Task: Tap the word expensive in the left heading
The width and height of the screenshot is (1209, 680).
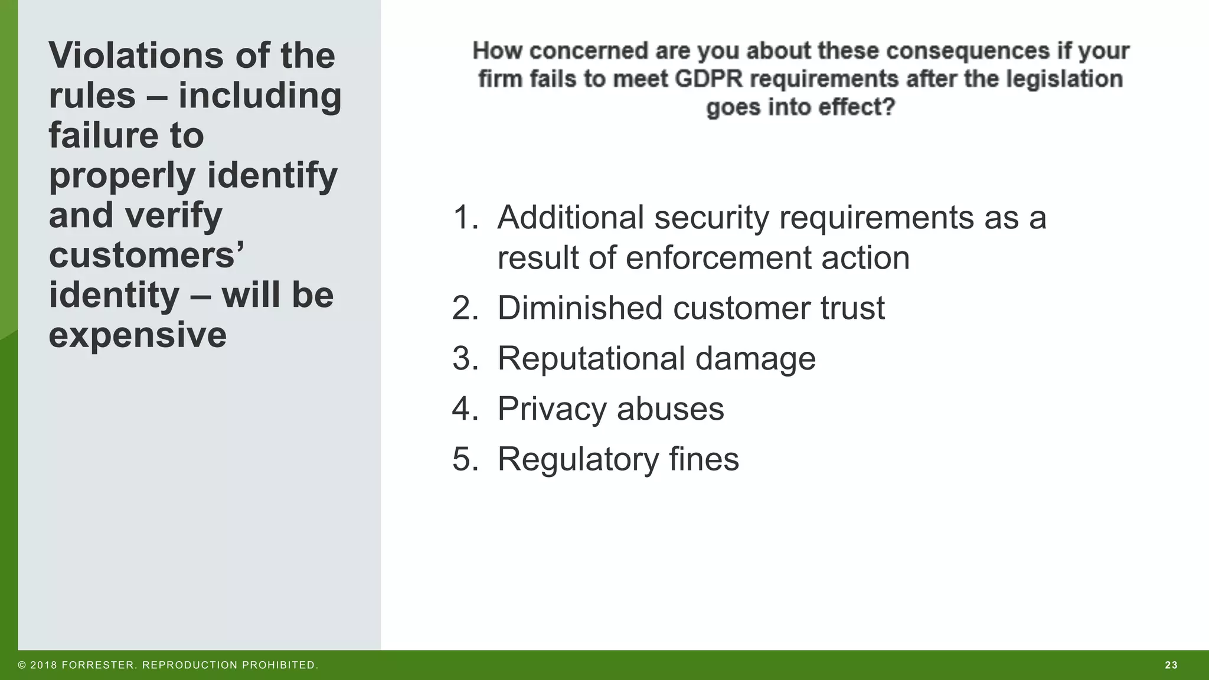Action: (x=138, y=335)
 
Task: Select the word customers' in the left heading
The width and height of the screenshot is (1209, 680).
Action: (x=146, y=255)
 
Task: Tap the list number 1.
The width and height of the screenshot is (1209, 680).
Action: (x=465, y=217)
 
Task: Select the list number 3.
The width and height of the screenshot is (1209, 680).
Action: (x=465, y=358)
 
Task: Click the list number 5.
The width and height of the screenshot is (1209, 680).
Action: (x=465, y=459)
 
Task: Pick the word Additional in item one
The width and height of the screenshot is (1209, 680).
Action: (x=570, y=217)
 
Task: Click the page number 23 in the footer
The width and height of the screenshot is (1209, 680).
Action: (x=1171, y=665)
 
